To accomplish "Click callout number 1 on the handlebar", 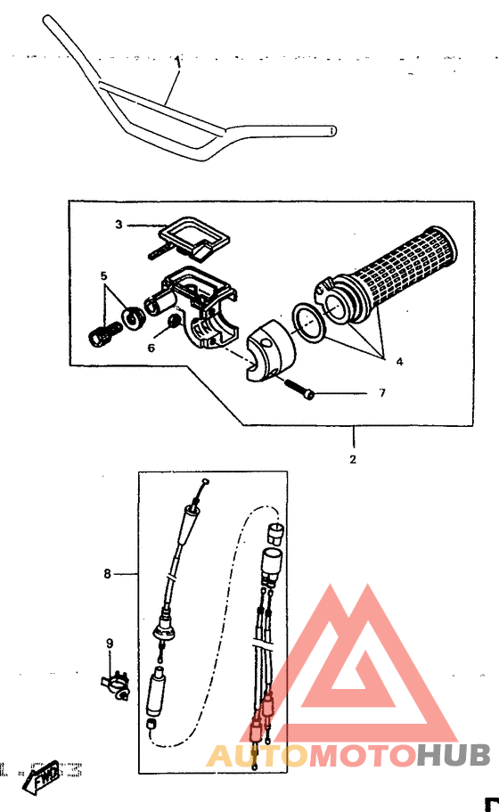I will tap(178, 62).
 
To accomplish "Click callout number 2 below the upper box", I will tap(353, 460).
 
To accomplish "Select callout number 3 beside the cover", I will tap(118, 225).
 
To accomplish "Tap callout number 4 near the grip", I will tap(399, 362).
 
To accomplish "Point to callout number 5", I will tap(103, 276).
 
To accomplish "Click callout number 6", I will tap(151, 348).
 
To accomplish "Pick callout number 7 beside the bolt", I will tap(381, 392).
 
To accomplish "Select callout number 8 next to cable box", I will tap(107, 574).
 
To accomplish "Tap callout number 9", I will tap(110, 643).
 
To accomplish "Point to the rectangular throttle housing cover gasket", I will tap(193, 235).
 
